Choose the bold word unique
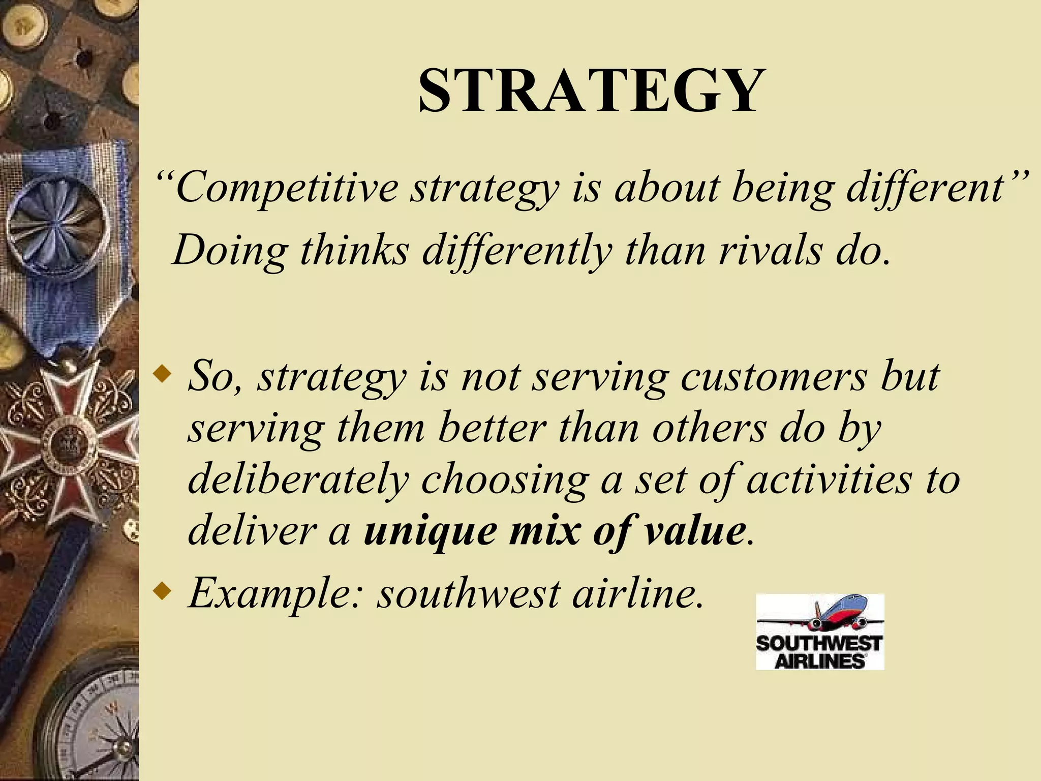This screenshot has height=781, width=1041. click(430, 531)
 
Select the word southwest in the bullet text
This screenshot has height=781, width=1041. click(468, 593)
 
